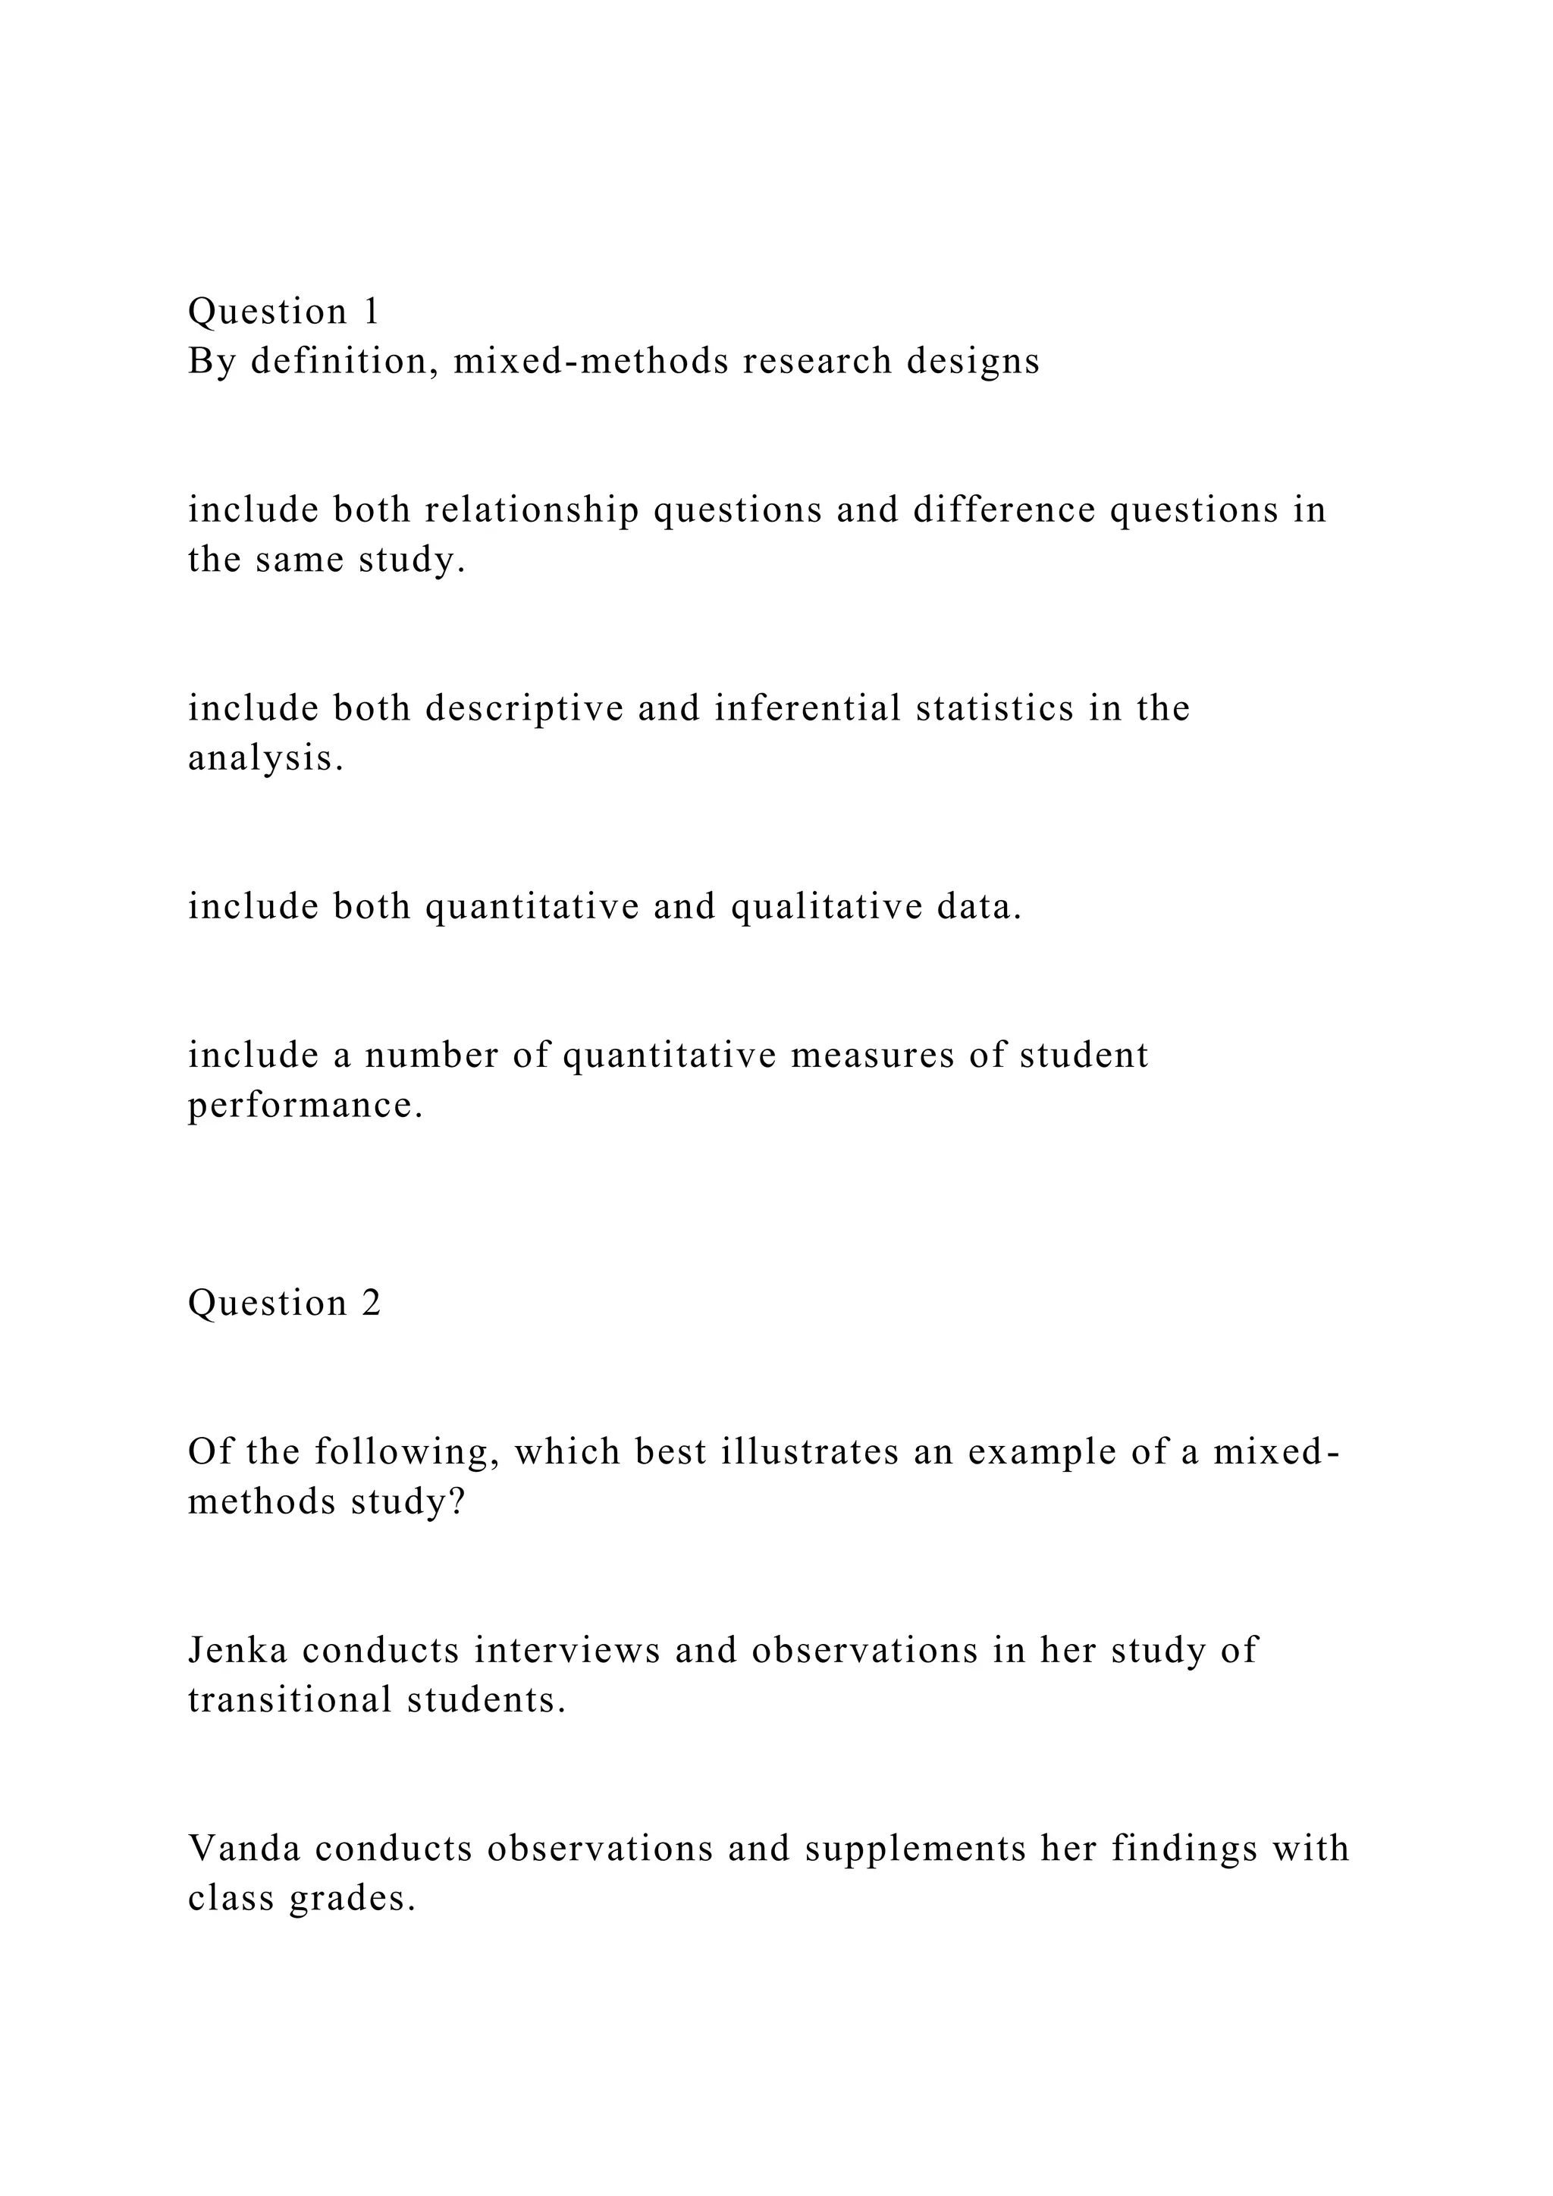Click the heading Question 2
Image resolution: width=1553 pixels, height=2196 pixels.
(x=284, y=1303)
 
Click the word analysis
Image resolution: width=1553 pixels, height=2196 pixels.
(x=265, y=758)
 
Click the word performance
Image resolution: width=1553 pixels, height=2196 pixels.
(x=305, y=1106)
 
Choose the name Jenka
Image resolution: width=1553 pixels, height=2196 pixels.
(x=244, y=1651)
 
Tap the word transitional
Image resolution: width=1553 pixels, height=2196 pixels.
(x=290, y=1701)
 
